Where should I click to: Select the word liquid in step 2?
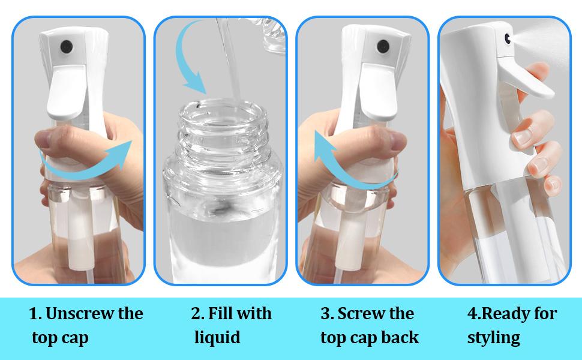[217, 337]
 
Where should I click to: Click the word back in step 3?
[399, 337]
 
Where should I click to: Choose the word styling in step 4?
[493, 337]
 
